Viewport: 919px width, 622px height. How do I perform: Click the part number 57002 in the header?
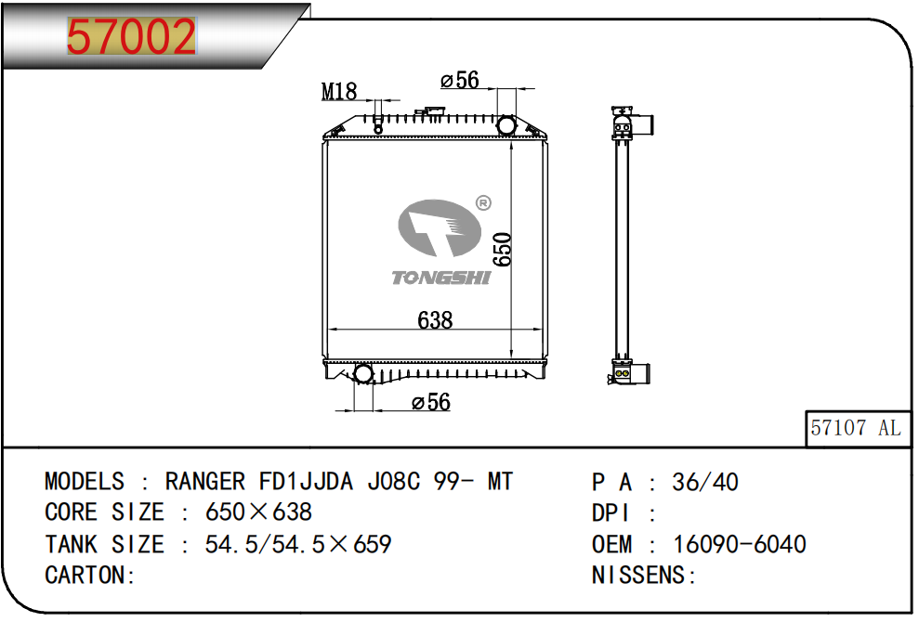131,37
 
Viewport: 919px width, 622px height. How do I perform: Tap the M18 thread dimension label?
339,91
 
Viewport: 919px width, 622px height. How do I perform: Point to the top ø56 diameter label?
459,81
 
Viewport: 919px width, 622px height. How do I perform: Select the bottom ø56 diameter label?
430,402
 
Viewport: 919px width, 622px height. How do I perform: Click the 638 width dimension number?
435,320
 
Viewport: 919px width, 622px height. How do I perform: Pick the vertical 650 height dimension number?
502,250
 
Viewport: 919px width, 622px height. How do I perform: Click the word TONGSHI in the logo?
440,278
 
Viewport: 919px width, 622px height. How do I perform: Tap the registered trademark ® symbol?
483,203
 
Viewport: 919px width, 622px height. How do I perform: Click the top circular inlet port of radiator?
506,125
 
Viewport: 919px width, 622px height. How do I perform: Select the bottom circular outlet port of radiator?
363,373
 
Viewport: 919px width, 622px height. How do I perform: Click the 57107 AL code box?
855,427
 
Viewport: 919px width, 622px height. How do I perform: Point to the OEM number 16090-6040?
739,544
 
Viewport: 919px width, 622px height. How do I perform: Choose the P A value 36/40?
704,482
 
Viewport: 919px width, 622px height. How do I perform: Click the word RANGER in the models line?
205,482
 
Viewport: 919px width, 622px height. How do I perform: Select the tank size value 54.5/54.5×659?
297,544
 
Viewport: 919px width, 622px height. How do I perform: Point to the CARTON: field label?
90,575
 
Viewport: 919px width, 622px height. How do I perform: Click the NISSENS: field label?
644,575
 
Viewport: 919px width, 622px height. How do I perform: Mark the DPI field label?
611,512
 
